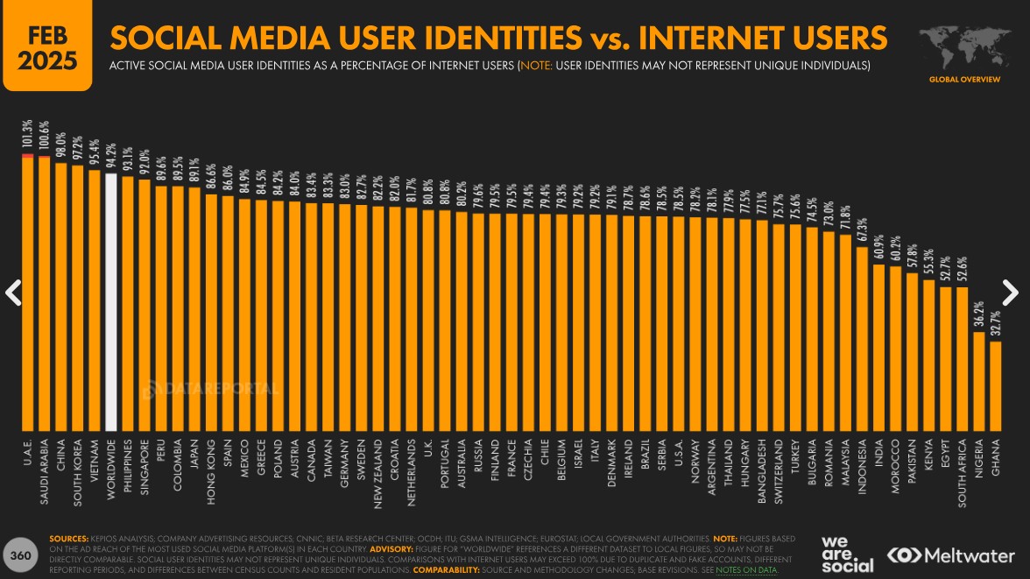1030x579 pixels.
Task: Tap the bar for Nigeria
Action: click(x=979, y=382)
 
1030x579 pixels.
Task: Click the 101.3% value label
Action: click(x=28, y=135)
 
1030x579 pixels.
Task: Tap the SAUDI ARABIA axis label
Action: click(x=45, y=471)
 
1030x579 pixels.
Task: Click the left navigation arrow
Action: click(x=13, y=293)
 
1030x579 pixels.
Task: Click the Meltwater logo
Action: click(x=951, y=555)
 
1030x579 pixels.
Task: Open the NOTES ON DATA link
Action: click(x=746, y=570)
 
